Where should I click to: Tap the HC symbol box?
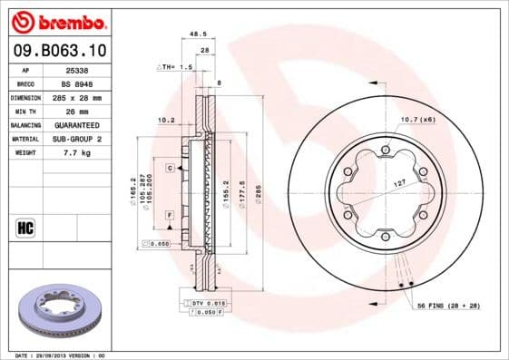(24, 227)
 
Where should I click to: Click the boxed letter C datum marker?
(169, 169)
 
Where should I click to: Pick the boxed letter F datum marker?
(169, 214)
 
